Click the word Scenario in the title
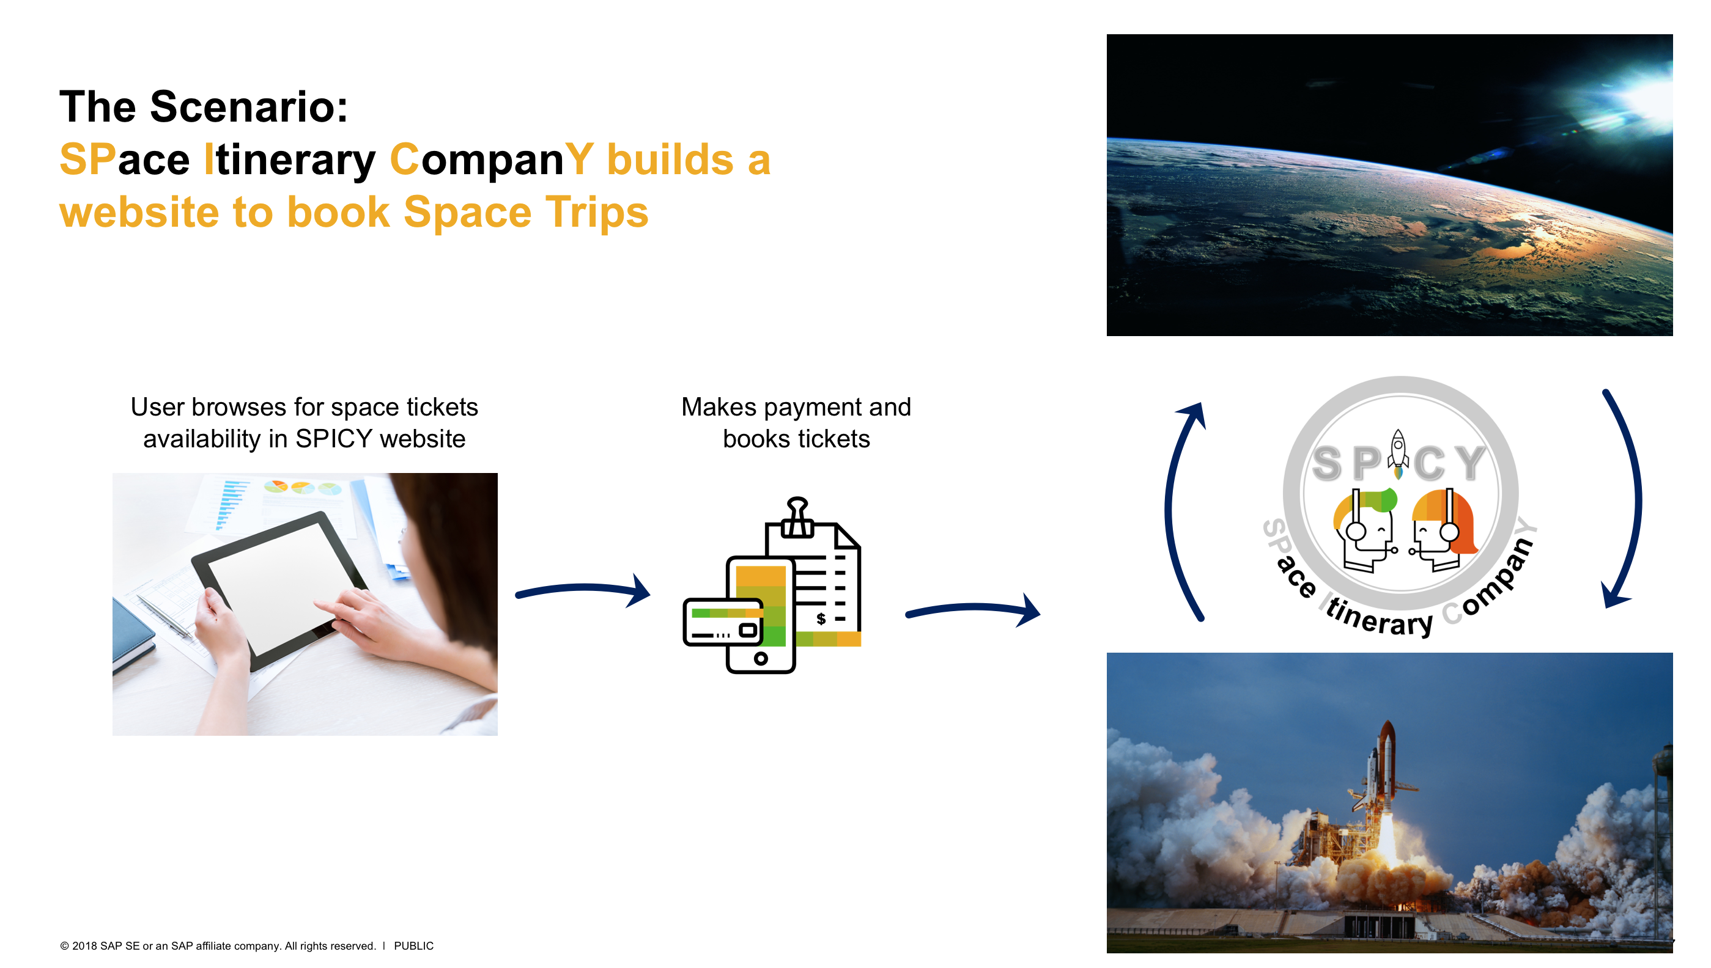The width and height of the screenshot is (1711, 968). pos(249,106)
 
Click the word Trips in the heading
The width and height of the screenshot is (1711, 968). pos(597,213)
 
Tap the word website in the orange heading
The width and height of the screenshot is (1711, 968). pos(139,213)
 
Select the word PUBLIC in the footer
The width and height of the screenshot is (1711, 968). pos(414,945)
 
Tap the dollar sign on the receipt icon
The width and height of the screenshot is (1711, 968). pos(821,619)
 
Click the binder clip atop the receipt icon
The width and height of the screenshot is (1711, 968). pos(797,516)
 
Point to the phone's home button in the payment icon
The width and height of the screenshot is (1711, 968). pos(760,659)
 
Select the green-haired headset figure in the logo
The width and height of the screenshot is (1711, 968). pos(1364,529)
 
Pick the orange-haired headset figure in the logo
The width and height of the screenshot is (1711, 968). pos(1444,529)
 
